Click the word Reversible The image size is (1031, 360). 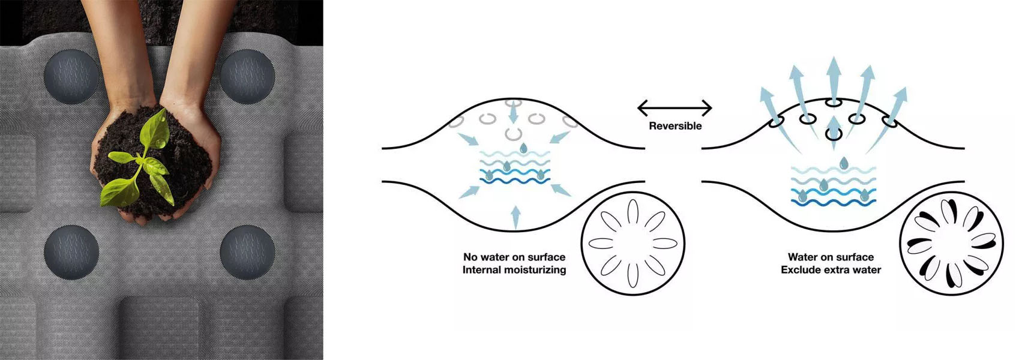[675, 126]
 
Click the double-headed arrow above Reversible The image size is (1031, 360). [675, 109]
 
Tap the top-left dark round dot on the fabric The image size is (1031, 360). [71, 76]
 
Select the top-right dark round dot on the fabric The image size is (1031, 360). [247, 76]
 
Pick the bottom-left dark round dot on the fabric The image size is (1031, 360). [71, 252]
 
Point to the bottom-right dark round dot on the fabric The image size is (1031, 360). [247, 252]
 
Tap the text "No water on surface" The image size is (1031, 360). [514, 257]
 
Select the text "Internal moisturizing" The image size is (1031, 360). [514, 270]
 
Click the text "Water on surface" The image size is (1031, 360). [831, 257]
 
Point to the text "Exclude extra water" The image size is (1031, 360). [831, 270]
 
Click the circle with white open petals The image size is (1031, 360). [633, 243]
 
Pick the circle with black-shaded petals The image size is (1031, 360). [951, 243]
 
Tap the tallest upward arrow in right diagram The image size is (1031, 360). [833, 78]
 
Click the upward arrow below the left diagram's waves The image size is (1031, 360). [515, 216]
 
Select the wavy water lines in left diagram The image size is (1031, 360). [515, 168]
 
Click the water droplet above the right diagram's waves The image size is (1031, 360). [844, 163]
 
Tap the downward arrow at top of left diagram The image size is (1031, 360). [512, 110]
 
